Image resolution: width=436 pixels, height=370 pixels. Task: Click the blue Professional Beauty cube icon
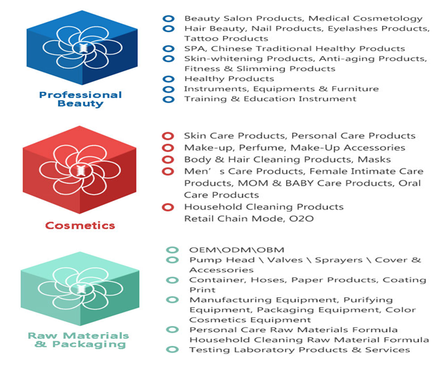[82, 47]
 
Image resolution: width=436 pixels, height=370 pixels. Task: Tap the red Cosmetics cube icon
[79, 170]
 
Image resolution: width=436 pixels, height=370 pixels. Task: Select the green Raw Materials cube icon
[80, 289]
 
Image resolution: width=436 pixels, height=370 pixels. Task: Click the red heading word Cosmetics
[80, 225]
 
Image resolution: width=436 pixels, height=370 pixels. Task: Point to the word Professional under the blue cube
[81, 94]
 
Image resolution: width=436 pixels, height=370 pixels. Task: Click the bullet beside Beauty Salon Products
[168, 19]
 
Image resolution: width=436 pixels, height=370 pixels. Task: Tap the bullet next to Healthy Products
[168, 79]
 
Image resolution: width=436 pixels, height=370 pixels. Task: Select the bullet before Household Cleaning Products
[168, 207]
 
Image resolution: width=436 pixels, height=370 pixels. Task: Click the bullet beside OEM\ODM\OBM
[172, 250]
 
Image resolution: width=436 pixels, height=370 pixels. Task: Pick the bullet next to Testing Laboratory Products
[172, 349]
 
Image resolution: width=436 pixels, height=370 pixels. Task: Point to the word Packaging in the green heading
[89, 345]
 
